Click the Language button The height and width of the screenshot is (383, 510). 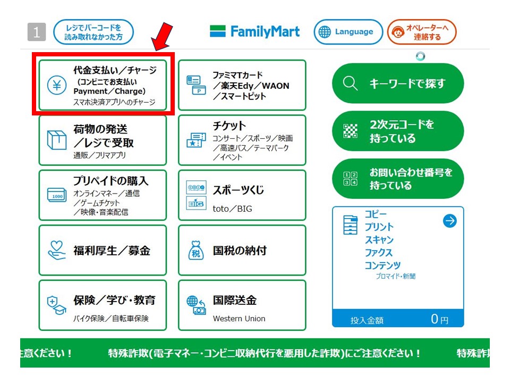click(348, 32)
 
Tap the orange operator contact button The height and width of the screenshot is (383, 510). click(422, 32)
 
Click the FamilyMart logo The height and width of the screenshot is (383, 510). click(254, 31)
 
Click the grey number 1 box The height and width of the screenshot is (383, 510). click(37, 32)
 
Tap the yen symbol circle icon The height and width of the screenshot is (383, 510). click(57, 85)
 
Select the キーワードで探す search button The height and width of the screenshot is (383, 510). click(398, 84)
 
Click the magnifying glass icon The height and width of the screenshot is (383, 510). click(350, 83)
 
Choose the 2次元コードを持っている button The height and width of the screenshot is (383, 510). click(398, 131)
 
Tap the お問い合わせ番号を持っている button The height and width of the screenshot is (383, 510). click(398, 179)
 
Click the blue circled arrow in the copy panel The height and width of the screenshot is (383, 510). click(450, 221)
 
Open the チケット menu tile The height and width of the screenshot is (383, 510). click(242, 140)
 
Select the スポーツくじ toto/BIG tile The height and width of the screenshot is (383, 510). click(242, 195)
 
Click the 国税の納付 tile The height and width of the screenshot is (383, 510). click(242, 250)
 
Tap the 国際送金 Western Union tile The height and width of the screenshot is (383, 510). click(242, 305)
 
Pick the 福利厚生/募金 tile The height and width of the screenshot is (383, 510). click(103, 250)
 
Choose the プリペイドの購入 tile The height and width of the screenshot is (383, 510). click(103, 195)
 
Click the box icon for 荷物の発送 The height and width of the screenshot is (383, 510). click(57, 140)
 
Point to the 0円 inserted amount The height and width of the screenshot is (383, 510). click(439, 319)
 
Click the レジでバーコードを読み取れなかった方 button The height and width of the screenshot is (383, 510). click(93, 32)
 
